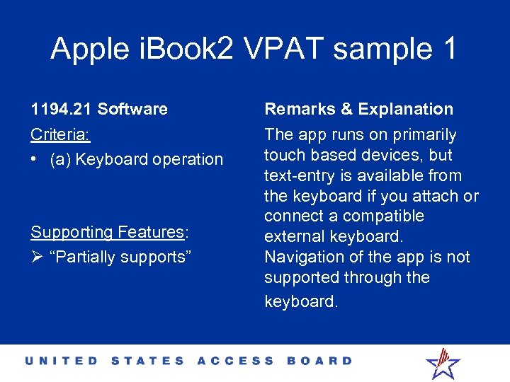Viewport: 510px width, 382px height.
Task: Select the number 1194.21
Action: [x=62, y=109]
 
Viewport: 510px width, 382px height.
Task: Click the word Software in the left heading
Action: [x=132, y=109]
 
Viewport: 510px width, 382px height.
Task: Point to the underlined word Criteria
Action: [x=59, y=134]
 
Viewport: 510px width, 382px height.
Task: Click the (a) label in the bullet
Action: [x=61, y=159]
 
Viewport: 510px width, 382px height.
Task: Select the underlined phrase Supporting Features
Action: [x=107, y=232]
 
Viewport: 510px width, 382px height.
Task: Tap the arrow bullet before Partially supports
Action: [x=36, y=257]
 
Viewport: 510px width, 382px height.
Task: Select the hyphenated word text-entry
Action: [x=302, y=175]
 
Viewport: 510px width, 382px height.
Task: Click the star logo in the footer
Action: [x=443, y=362]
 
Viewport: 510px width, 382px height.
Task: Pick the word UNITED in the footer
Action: [x=62, y=361]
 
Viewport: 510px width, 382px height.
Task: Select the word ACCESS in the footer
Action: [x=235, y=361]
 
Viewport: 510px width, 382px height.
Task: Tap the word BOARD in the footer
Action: [x=319, y=361]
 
